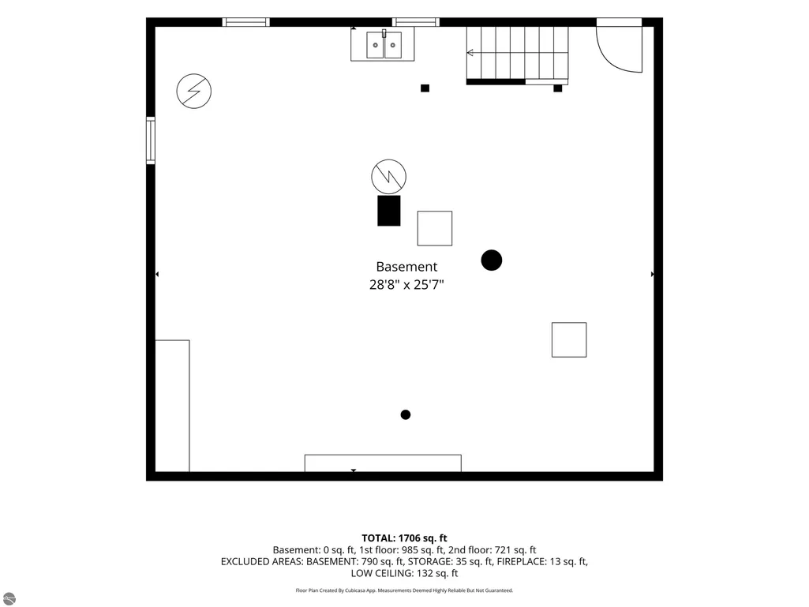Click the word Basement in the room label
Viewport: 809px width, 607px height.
point(406,267)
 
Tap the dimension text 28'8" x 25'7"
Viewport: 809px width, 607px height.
point(406,284)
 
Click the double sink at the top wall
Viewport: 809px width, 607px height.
point(384,45)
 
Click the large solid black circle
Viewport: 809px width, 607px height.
point(492,260)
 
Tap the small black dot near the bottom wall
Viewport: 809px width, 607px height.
point(406,414)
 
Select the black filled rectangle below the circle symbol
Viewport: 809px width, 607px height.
point(389,211)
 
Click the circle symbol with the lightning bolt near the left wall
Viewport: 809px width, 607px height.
point(194,91)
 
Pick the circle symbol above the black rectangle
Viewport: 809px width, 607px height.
point(388,177)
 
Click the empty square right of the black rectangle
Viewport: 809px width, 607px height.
point(435,228)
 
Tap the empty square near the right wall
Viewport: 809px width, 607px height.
point(569,339)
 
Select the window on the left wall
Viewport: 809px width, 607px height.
point(151,141)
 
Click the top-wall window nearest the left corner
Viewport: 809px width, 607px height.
point(246,22)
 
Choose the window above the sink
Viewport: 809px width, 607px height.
point(416,22)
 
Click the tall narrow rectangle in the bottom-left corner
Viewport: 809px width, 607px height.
point(172,406)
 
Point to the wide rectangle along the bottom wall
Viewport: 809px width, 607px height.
point(383,463)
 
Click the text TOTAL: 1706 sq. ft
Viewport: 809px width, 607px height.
point(404,538)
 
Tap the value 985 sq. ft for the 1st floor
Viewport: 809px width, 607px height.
point(423,549)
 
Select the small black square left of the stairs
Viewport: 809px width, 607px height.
point(425,88)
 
